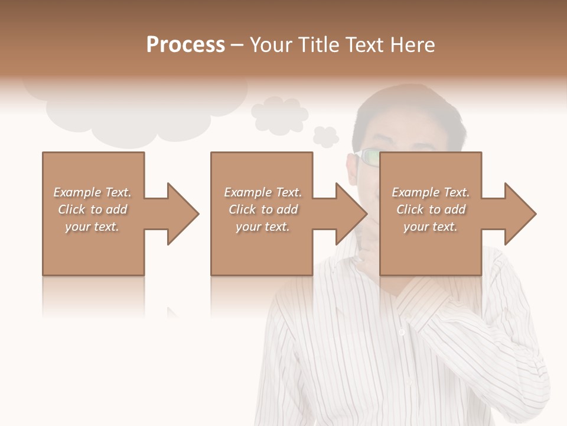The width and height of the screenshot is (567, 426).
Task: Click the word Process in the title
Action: [185, 45]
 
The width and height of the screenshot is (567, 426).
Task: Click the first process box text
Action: [92, 209]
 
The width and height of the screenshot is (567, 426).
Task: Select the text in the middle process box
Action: [262, 209]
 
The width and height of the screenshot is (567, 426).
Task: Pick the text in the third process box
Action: [431, 209]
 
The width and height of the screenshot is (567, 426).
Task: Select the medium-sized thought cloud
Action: [279, 114]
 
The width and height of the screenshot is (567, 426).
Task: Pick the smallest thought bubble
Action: [325, 137]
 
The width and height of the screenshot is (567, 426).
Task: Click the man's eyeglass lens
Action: [371, 157]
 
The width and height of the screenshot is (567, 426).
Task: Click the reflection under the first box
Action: [93, 296]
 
